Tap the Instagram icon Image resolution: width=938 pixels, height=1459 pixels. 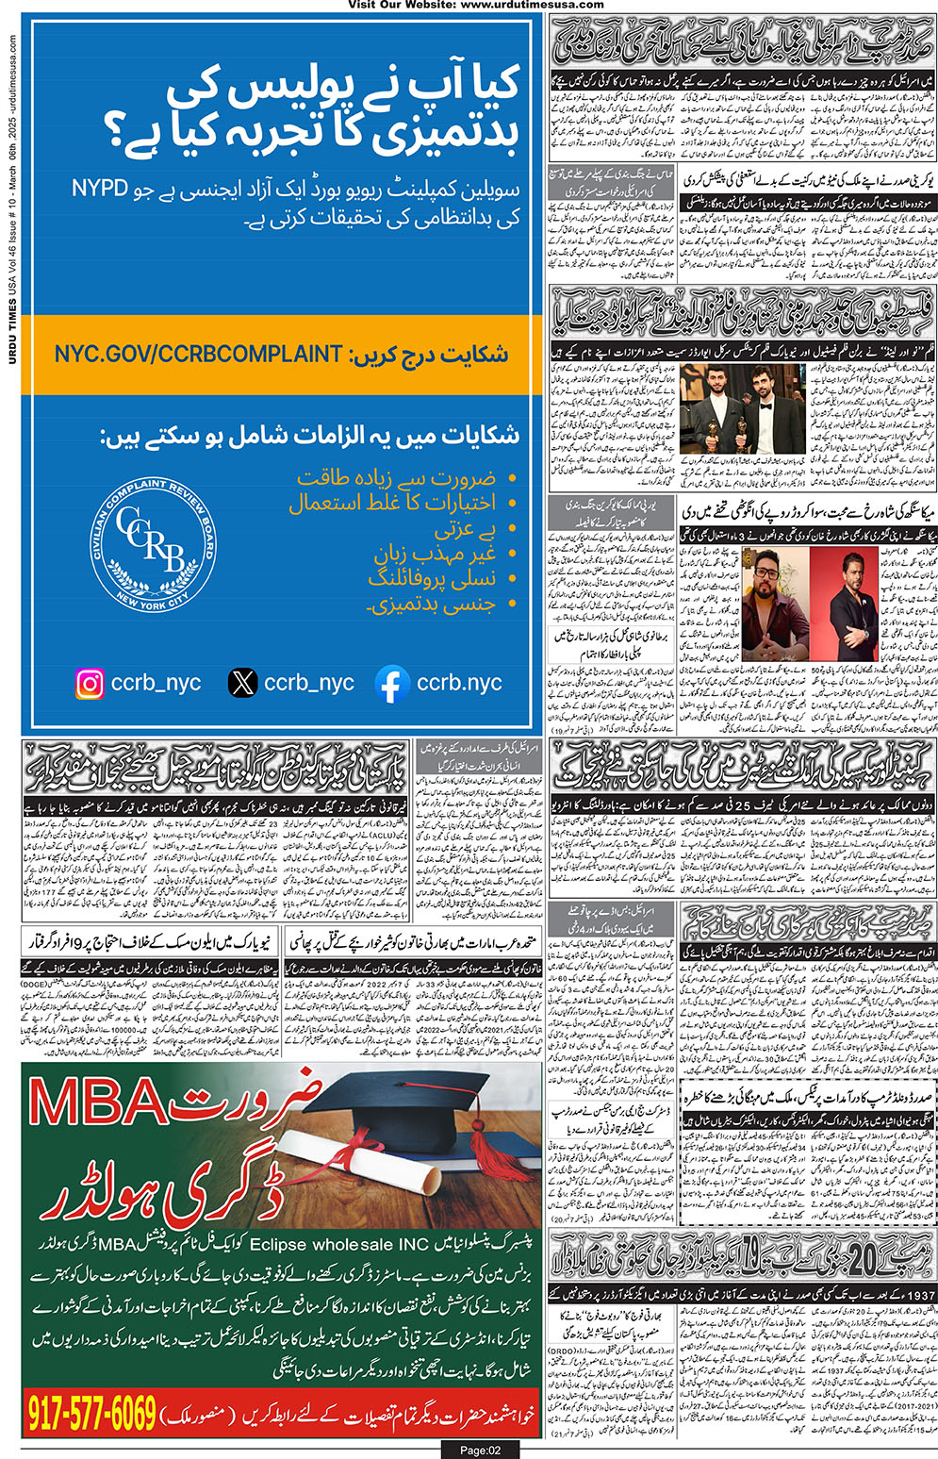[90, 683]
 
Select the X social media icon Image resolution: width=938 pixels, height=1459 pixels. [242, 683]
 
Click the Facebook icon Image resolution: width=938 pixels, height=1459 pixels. [392, 684]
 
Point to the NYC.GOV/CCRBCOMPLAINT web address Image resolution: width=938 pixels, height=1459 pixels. [198, 354]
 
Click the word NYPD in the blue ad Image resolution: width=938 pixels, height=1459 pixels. [100, 189]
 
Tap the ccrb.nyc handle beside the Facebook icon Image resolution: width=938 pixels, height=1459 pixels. [459, 683]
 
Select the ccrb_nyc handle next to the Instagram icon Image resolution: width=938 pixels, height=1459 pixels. [156, 683]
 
